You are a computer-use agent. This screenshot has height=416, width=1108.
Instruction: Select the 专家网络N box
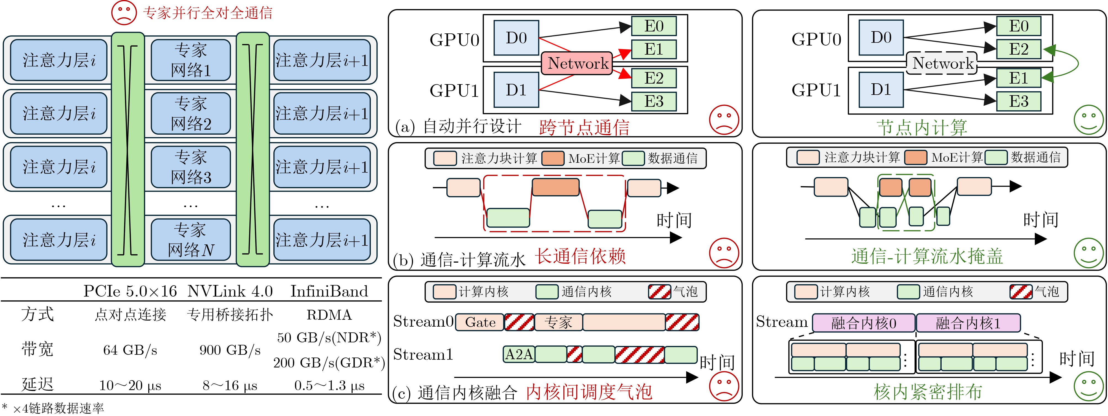point(191,240)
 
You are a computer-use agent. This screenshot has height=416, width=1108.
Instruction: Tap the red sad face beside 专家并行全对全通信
point(124,13)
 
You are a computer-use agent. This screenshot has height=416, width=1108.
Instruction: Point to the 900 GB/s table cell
point(230,350)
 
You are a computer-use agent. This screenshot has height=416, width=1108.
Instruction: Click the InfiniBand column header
point(329,291)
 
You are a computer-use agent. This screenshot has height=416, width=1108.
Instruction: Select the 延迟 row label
point(38,384)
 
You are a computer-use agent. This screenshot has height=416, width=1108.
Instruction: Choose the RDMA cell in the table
point(329,315)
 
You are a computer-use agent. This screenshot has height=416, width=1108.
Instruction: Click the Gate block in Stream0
point(480,322)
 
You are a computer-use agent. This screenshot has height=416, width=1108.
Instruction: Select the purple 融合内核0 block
point(863,323)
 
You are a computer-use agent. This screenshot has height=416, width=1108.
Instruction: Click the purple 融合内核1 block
point(968,323)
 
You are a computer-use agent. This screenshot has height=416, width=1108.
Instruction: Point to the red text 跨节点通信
point(584,127)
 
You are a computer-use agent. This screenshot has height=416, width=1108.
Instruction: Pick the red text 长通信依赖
point(580,256)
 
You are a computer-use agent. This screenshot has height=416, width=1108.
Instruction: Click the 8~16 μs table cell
point(230,385)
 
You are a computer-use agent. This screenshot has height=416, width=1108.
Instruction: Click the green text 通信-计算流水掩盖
point(927,256)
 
